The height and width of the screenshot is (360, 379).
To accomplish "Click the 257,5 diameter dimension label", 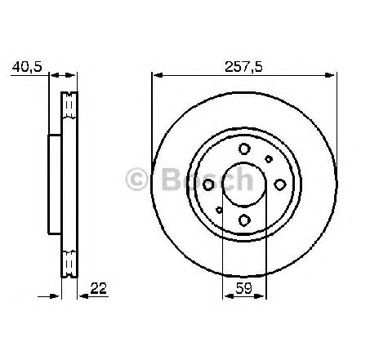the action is pyautogui.click(x=243, y=67).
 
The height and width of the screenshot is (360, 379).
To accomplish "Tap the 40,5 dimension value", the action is pyautogui.click(x=27, y=67).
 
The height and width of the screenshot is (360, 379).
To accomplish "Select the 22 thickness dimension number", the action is pyautogui.click(x=98, y=288).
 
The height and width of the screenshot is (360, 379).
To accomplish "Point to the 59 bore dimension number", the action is pyautogui.click(x=243, y=288).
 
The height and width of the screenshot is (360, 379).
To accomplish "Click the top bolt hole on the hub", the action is pyautogui.click(x=244, y=149).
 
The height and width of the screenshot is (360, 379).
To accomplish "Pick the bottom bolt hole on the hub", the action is pyautogui.click(x=244, y=220).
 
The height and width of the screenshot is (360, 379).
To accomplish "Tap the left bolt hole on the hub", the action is pyautogui.click(x=208, y=184).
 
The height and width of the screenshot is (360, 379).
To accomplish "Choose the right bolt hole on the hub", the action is pyautogui.click(x=280, y=184).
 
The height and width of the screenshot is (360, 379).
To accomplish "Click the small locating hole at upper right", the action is pyautogui.click(x=269, y=159).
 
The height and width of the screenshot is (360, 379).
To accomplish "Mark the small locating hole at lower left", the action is pyautogui.click(x=219, y=210).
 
